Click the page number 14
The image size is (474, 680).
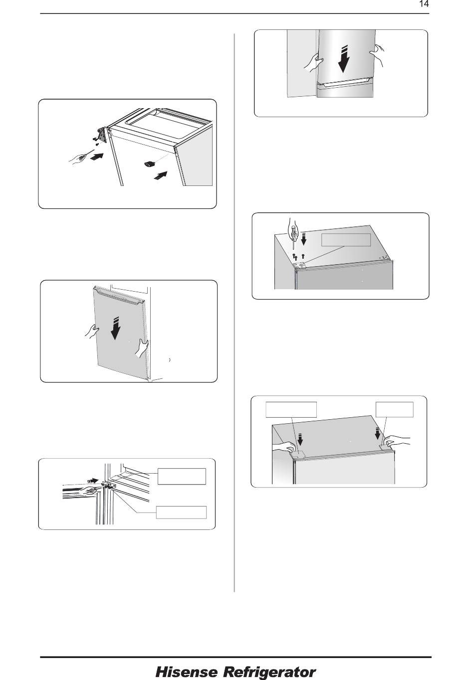424,4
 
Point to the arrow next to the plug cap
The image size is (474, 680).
161,175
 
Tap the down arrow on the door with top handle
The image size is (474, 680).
115,328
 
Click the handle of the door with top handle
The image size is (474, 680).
120,294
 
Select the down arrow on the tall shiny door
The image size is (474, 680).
343,59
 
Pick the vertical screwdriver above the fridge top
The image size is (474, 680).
292,232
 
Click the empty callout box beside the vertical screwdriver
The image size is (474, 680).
346,240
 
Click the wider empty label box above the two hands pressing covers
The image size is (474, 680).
291,409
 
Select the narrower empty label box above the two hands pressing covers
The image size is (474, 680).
394,409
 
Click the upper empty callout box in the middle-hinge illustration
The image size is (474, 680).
182,476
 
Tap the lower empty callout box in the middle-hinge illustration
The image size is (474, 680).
182,512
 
